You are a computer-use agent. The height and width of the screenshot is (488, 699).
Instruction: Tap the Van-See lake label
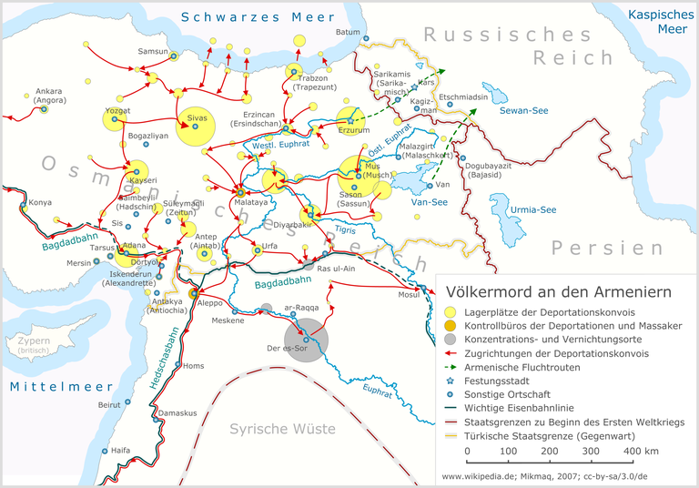tap(431, 202)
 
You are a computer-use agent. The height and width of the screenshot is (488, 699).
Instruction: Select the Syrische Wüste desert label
tap(282, 429)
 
